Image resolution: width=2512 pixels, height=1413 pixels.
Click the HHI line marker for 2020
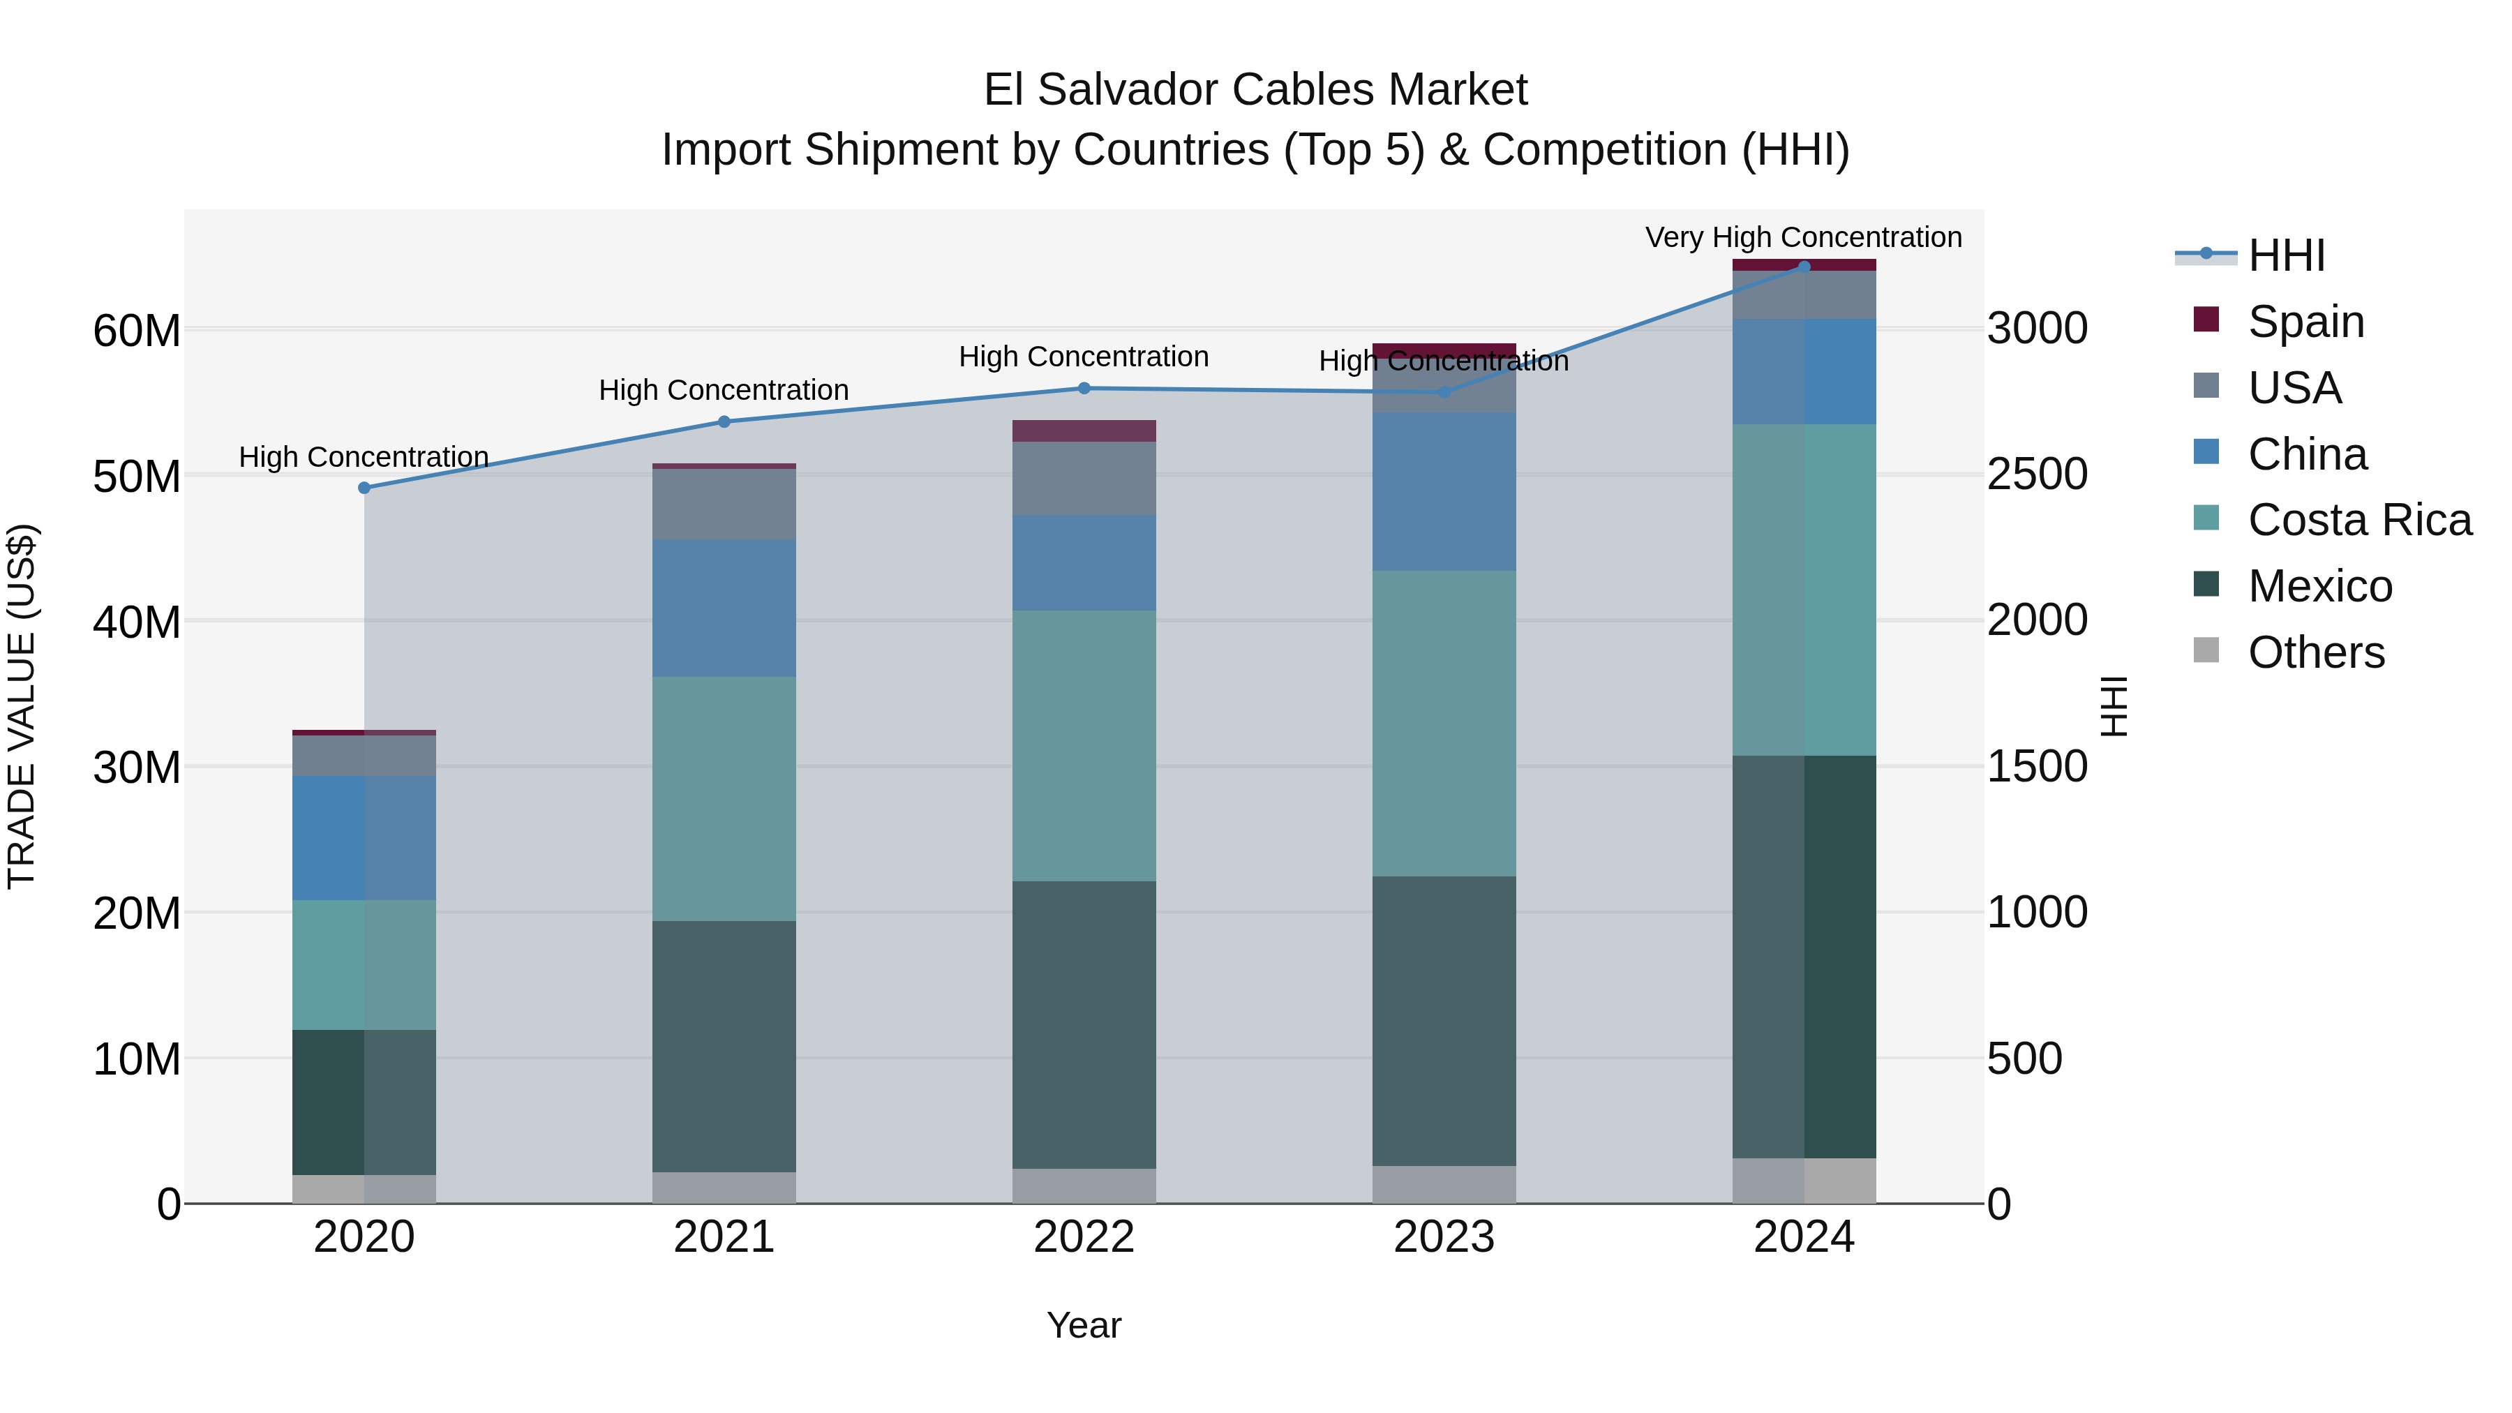[364, 488]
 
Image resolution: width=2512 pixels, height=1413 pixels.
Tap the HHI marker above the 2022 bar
[1084, 388]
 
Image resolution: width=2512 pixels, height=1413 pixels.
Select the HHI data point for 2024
[1803, 267]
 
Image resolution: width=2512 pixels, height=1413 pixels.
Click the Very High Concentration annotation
[1803, 237]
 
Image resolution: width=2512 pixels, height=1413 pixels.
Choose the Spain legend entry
[2305, 321]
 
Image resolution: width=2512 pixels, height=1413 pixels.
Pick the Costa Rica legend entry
[2359, 520]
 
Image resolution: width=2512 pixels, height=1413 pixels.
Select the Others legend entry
[2316, 652]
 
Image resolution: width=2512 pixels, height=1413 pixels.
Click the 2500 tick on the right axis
[2037, 475]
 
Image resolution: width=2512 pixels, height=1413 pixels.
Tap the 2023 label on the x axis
[1443, 1237]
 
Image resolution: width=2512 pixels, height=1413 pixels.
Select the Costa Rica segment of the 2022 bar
[1084, 746]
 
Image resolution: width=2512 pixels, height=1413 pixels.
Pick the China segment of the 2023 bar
[1443, 491]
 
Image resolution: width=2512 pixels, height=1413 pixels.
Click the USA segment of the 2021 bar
[724, 504]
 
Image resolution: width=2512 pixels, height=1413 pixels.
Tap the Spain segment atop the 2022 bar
[1084, 431]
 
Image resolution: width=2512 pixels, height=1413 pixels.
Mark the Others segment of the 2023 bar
[1443, 1184]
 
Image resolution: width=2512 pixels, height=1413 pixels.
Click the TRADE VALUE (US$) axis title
[22, 706]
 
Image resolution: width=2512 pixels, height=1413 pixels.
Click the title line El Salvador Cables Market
[1255, 90]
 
